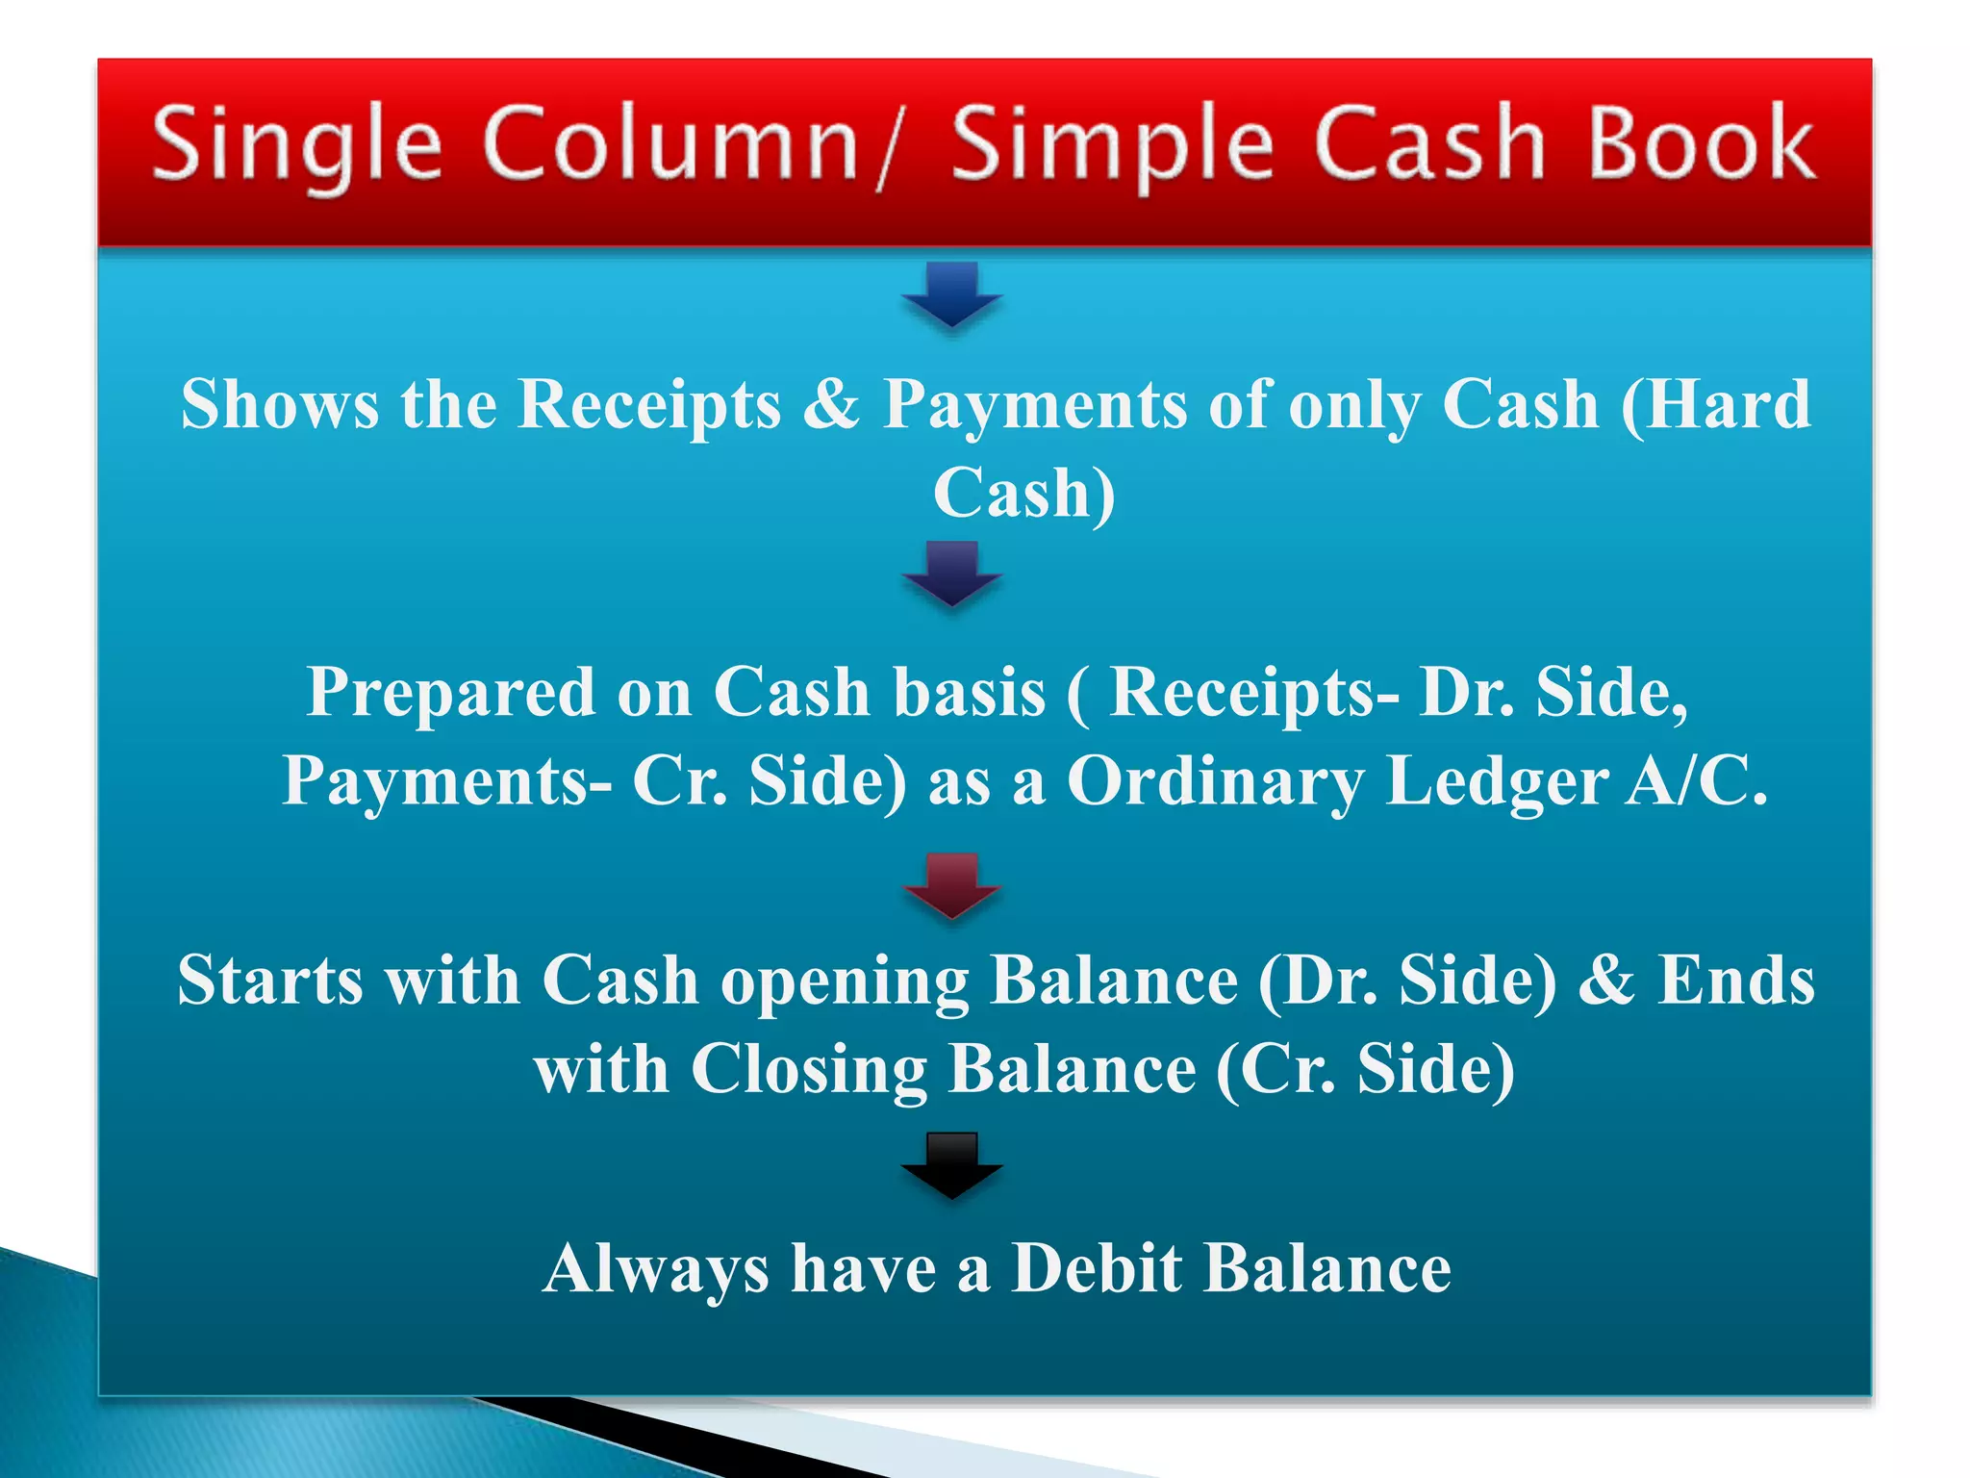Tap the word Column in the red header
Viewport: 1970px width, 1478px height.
(670, 144)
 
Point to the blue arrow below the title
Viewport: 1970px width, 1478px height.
(951, 294)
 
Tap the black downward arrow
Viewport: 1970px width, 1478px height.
(951, 1165)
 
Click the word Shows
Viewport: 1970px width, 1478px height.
(279, 404)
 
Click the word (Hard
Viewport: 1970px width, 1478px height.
(1715, 404)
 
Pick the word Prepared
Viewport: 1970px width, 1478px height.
(450, 693)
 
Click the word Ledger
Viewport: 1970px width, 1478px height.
(1497, 781)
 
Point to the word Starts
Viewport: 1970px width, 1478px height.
(270, 981)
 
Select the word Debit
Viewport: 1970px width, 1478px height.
(1097, 1268)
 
